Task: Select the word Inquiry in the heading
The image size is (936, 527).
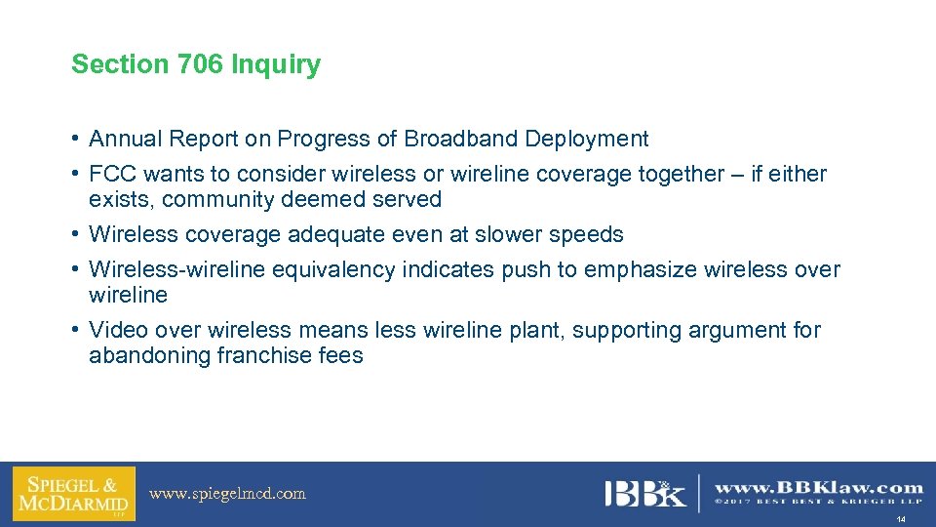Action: click(276, 65)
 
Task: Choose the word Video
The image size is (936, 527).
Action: click(116, 330)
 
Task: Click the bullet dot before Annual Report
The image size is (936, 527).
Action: click(75, 139)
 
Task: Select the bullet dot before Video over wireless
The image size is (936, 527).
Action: click(75, 330)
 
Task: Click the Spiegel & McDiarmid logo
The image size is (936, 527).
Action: click(73, 493)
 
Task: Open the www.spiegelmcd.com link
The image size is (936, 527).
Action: click(227, 494)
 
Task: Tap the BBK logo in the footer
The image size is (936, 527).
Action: click(644, 493)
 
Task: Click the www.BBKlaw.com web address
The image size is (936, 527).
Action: click(819, 487)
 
